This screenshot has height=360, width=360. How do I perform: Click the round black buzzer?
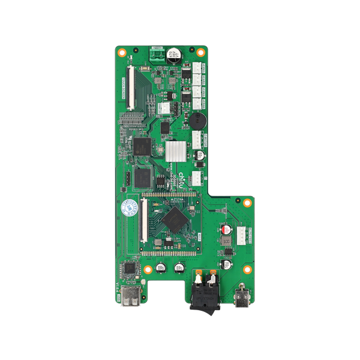pyautogui.click(x=197, y=119)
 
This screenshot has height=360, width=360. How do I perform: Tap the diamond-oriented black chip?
pyautogui.click(x=174, y=219)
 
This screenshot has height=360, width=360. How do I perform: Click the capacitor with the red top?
pyautogui.click(x=227, y=229)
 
